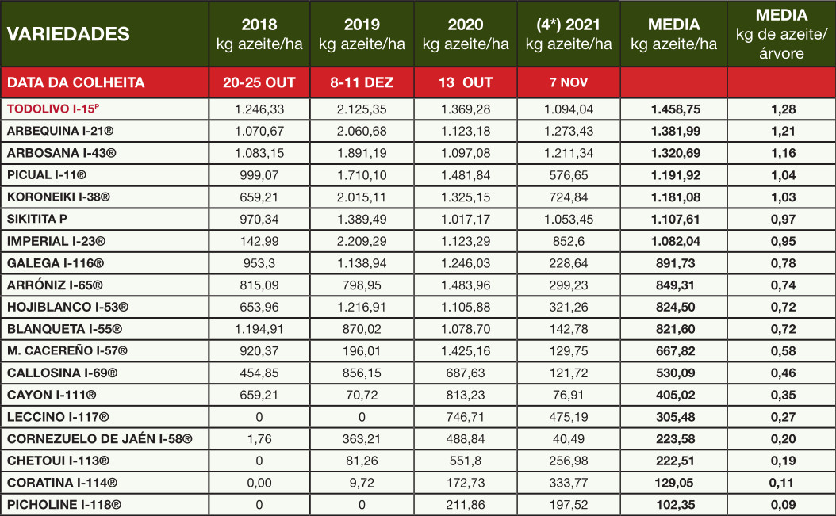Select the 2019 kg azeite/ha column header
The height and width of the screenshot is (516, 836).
(362, 34)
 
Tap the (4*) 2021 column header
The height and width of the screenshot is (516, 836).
(568, 34)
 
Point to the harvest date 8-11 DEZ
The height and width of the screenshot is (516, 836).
(362, 82)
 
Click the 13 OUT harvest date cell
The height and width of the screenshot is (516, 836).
(465, 82)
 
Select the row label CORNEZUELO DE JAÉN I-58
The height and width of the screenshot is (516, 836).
(99, 438)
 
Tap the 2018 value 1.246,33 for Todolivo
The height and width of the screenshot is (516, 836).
(259, 109)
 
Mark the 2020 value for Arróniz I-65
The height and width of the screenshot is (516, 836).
(465, 285)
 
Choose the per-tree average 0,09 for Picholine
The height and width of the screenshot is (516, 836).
(781, 504)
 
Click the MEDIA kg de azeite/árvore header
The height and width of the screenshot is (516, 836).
(781, 34)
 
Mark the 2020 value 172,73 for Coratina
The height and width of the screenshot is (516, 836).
(465, 482)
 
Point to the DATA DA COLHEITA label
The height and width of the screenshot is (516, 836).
(75, 82)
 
